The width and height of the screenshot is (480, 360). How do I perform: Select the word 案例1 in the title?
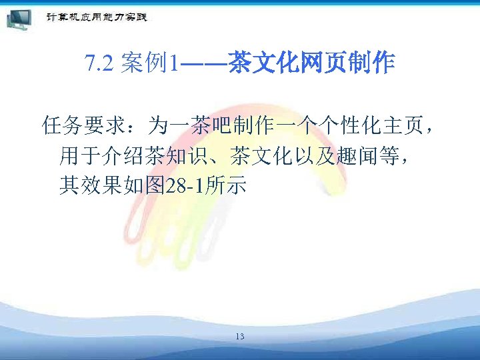point(149,64)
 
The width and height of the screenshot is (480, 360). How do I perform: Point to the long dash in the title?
point(203,64)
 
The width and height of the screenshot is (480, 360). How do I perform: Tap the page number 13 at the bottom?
point(240,336)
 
